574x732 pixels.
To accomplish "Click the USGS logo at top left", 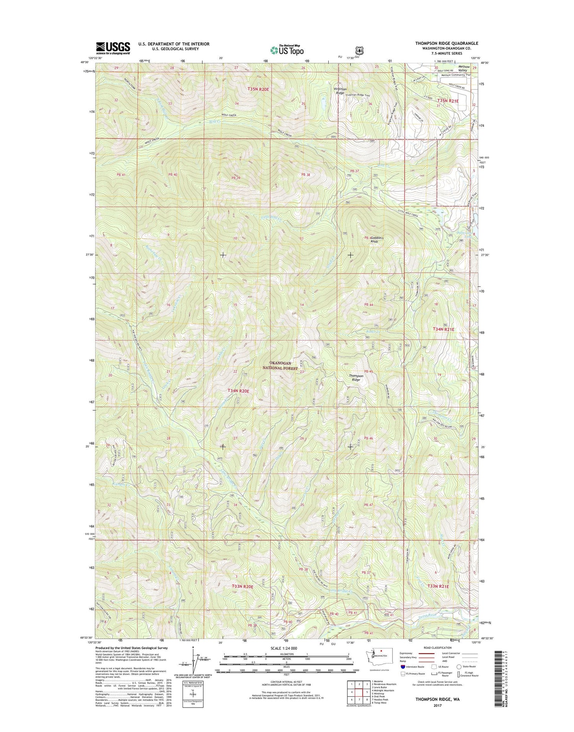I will pos(113,48).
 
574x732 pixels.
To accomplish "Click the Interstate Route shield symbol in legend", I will pos(404,667).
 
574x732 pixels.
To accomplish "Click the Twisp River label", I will pos(426,624).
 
